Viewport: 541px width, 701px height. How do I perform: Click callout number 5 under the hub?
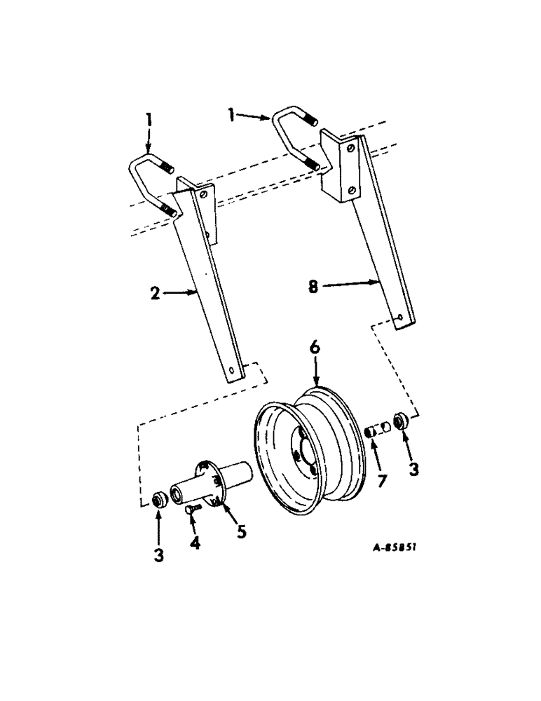240,532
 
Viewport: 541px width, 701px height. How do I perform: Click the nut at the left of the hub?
159,499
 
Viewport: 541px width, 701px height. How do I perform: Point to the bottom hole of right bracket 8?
399,318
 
